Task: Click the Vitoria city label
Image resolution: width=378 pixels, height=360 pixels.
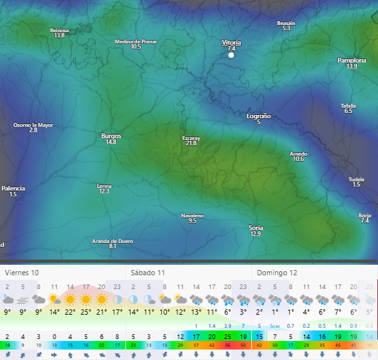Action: [x=231, y=42]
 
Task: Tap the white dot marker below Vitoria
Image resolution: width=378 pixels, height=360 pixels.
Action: [x=231, y=56]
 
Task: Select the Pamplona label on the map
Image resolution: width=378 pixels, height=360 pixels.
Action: [x=352, y=60]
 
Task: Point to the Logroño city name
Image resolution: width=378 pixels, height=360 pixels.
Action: [x=258, y=116]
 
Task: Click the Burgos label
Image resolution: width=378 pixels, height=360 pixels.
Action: [x=111, y=136]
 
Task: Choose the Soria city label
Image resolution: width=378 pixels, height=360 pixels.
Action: [x=255, y=227]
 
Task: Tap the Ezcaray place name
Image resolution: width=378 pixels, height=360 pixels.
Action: [x=191, y=138]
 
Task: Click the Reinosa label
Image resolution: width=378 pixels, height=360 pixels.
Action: [x=59, y=30]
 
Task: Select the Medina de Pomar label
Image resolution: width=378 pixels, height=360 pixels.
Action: [x=136, y=41]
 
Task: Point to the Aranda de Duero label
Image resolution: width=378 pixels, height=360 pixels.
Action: [x=112, y=241]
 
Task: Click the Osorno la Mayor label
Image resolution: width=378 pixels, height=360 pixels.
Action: [x=33, y=125]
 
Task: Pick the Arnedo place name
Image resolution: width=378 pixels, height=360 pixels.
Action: [x=298, y=154]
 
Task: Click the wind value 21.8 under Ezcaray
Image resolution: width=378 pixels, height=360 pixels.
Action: [x=191, y=143]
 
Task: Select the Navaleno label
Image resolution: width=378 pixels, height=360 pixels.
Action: [x=192, y=215]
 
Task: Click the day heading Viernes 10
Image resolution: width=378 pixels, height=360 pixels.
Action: [x=22, y=272]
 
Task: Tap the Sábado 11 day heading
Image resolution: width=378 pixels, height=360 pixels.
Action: [x=148, y=272]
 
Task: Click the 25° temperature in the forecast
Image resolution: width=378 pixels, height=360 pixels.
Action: [x=86, y=312]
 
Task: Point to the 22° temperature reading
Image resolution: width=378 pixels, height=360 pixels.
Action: [x=70, y=312]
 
